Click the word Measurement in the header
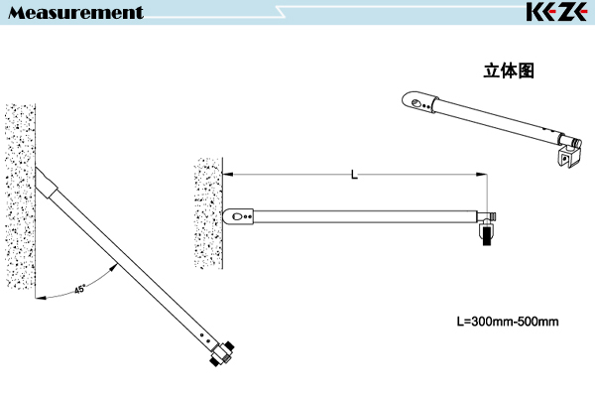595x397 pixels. [x=76, y=13]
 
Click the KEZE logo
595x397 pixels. [x=556, y=12]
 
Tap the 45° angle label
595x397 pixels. [x=79, y=289]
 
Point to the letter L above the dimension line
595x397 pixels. [x=354, y=175]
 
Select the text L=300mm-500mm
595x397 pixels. [x=508, y=322]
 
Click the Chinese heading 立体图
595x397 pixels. [x=509, y=70]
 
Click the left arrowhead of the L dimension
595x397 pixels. [x=228, y=175]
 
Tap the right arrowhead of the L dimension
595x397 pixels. [x=482, y=175]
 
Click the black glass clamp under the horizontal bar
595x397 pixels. [x=487, y=235]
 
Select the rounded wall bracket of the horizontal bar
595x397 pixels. [x=238, y=216]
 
